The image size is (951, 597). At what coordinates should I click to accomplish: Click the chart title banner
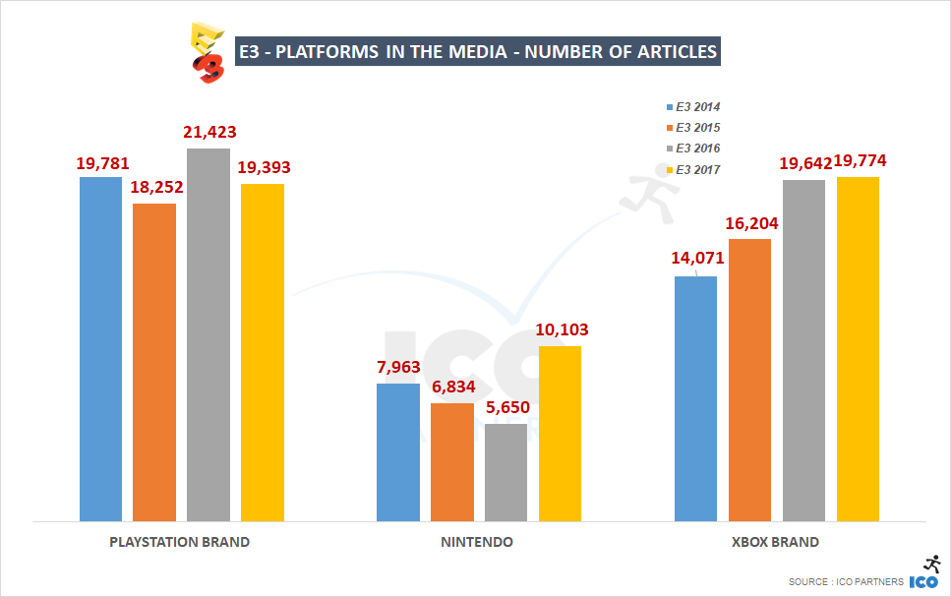tap(478, 51)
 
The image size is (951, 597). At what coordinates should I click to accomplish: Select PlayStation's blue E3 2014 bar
tap(101, 348)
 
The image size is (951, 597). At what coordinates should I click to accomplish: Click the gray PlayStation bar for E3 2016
tap(208, 334)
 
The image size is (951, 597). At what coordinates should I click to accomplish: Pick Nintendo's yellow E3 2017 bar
tap(560, 433)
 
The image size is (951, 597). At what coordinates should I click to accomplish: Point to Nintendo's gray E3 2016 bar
tap(505, 472)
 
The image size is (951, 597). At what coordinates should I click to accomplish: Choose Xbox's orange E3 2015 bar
tap(750, 380)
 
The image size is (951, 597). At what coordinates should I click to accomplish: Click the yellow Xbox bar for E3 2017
tap(858, 348)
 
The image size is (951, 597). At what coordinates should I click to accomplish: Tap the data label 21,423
tap(209, 132)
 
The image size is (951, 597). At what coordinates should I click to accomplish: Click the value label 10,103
tap(561, 329)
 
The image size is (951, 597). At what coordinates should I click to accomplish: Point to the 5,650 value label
tap(506, 407)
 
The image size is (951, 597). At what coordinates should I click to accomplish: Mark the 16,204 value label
tap(750, 223)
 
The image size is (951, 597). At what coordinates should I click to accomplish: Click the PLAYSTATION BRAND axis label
tap(179, 542)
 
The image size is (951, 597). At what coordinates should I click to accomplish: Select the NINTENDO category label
tap(477, 542)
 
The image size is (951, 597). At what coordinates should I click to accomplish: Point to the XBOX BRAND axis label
tap(775, 542)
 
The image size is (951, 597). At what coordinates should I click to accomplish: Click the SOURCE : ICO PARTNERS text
tap(846, 582)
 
